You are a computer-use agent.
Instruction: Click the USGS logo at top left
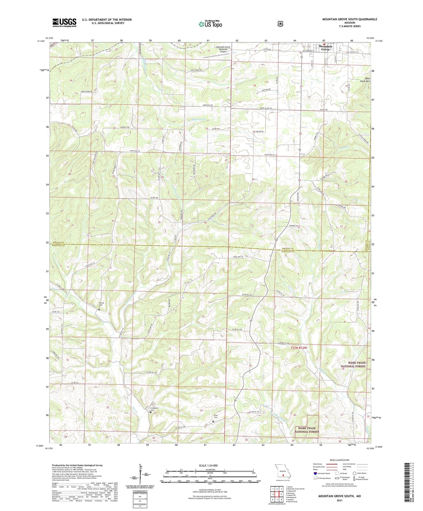tap(64, 23)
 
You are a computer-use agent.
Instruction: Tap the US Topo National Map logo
tap(210, 24)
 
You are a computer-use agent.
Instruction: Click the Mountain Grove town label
tap(325, 48)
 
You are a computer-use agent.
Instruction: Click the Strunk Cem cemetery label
tap(101, 305)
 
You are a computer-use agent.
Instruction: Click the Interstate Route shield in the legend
tap(315, 473)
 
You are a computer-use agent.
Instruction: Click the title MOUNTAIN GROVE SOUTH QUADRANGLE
tap(350, 19)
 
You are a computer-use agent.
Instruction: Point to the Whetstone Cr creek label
tap(199, 119)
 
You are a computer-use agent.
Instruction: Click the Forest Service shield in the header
tap(280, 23)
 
